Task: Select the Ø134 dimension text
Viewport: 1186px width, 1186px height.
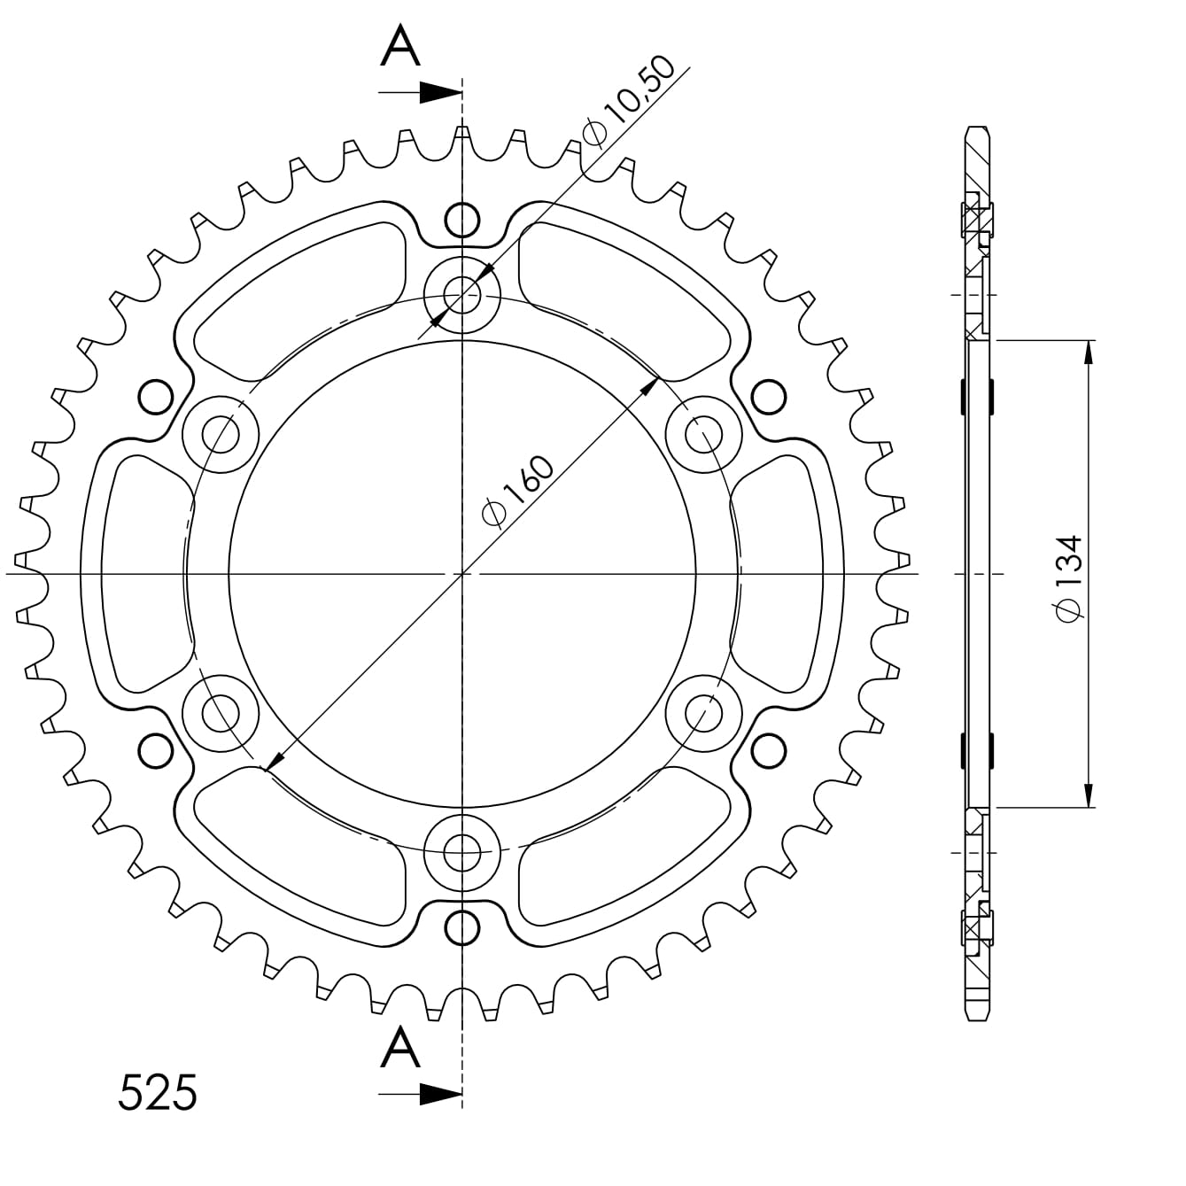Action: click(x=1069, y=577)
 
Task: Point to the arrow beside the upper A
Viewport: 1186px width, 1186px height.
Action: click(x=439, y=92)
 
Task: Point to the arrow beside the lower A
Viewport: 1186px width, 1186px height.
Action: click(x=439, y=1094)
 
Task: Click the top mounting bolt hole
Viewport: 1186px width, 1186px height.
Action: click(x=461, y=291)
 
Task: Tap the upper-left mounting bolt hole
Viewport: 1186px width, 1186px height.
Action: click(x=220, y=434)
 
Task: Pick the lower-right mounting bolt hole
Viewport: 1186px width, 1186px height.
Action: click(x=704, y=711)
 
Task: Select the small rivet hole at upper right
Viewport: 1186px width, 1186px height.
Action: click(x=769, y=396)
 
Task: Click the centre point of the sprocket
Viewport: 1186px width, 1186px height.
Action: click(x=461, y=574)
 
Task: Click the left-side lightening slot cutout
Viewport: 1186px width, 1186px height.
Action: click(x=146, y=574)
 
